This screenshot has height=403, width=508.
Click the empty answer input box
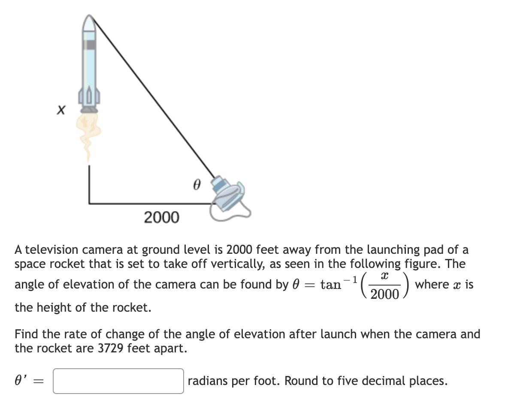click(x=118, y=381)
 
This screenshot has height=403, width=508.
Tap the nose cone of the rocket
click(x=89, y=24)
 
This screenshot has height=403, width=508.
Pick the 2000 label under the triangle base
click(x=161, y=217)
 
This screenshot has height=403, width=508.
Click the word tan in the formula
click(x=330, y=285)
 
